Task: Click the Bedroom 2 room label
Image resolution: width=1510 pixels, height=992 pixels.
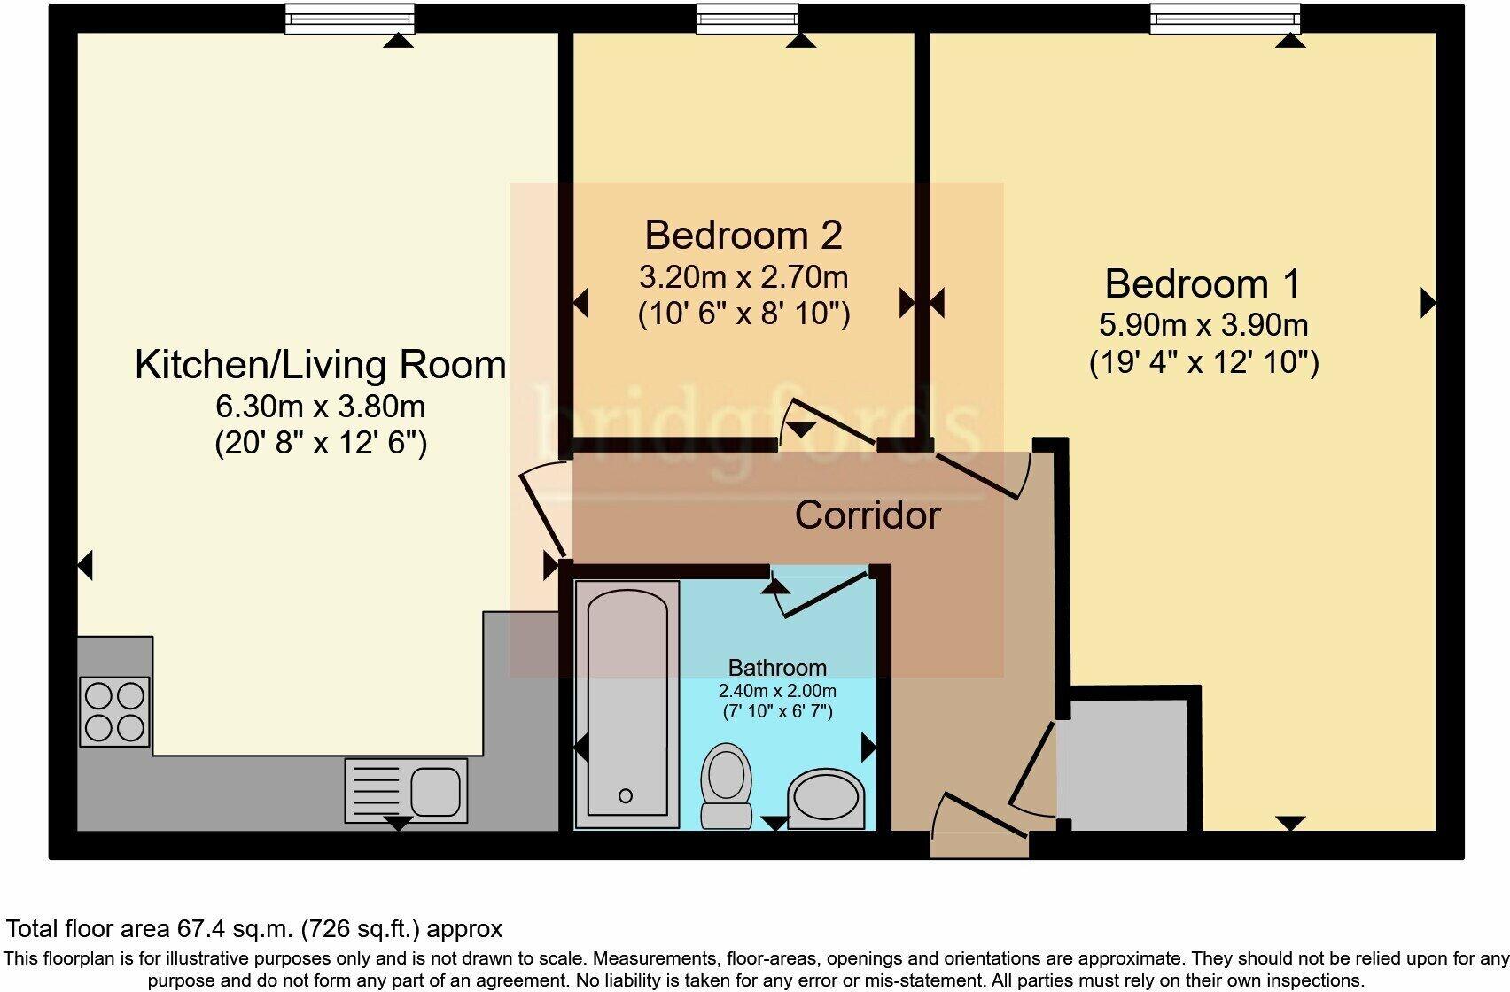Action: point(743,236)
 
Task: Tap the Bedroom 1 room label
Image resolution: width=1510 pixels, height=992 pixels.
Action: point(1203,284)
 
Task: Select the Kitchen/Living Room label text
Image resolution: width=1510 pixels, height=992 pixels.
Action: point(320,365)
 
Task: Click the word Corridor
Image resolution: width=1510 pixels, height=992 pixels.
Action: point(867,515)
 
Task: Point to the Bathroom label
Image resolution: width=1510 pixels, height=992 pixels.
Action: point(776,668)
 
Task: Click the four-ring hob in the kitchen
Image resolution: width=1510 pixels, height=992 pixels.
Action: point(114,711)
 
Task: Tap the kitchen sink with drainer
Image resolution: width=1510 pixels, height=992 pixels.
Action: point(407,790)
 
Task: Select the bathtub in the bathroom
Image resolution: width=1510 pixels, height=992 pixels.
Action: point(627,700)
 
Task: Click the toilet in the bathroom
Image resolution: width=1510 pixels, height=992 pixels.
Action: point(726,784)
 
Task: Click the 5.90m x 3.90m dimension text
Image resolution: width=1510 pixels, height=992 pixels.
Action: point(1203,325)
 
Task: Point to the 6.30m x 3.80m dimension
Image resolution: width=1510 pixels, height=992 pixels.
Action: point(320,407)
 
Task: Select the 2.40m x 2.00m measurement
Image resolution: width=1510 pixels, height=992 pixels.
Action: point(776,691)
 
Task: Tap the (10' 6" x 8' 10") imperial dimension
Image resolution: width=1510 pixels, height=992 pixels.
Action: point(743,314)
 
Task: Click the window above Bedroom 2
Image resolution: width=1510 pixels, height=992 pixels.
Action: point(746,19)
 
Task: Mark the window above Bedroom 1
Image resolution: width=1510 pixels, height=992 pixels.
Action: point(1225,19)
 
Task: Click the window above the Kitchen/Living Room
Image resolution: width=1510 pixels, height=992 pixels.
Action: point(349,19)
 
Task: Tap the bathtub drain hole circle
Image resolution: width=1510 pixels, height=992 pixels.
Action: point(626,795)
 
